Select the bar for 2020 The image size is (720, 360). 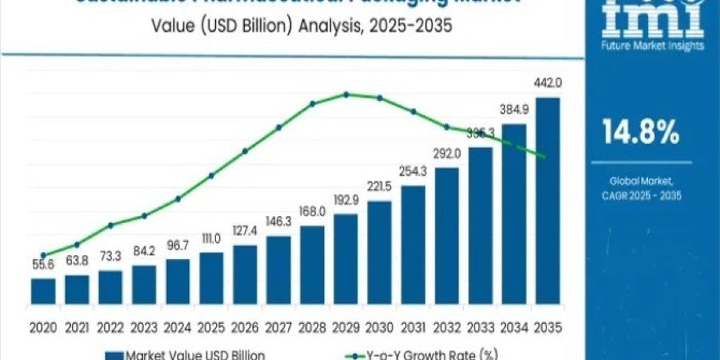pyautogui.click(x=43, y=290)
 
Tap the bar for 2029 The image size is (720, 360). pyautogui.click(x=346, y=258)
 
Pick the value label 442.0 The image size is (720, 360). pyautogui.click(x=548, y=83)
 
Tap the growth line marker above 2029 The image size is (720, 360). pyautogui.click(x=346, y=94)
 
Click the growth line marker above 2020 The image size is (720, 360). pyautogui.click(x=43, y=255)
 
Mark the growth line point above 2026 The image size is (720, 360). pyautogui.click(x=245, y=151)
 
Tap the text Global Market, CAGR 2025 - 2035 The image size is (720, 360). pyautogui.click(x=646, y=188)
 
